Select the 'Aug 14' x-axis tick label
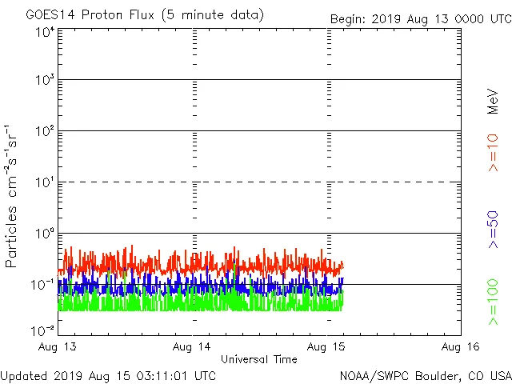click(193, 346)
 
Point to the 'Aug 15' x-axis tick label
click(327, 346)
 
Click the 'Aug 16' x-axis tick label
click(461, 346)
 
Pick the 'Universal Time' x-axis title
click(259, 359)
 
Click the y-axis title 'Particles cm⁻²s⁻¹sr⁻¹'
click(12, 196)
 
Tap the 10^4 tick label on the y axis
click(44, 32)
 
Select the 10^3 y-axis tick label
click(44, 80)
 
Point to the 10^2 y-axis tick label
click(44, 130)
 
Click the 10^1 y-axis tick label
click(44, 182)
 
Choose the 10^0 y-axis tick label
click(44, 233)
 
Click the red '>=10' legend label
click(493, 153)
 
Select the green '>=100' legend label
click(493, 302)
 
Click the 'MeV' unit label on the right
click(493, 102)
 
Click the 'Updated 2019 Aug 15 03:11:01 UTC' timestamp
click(108, 374)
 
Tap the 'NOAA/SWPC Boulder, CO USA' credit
click(425, 374)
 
